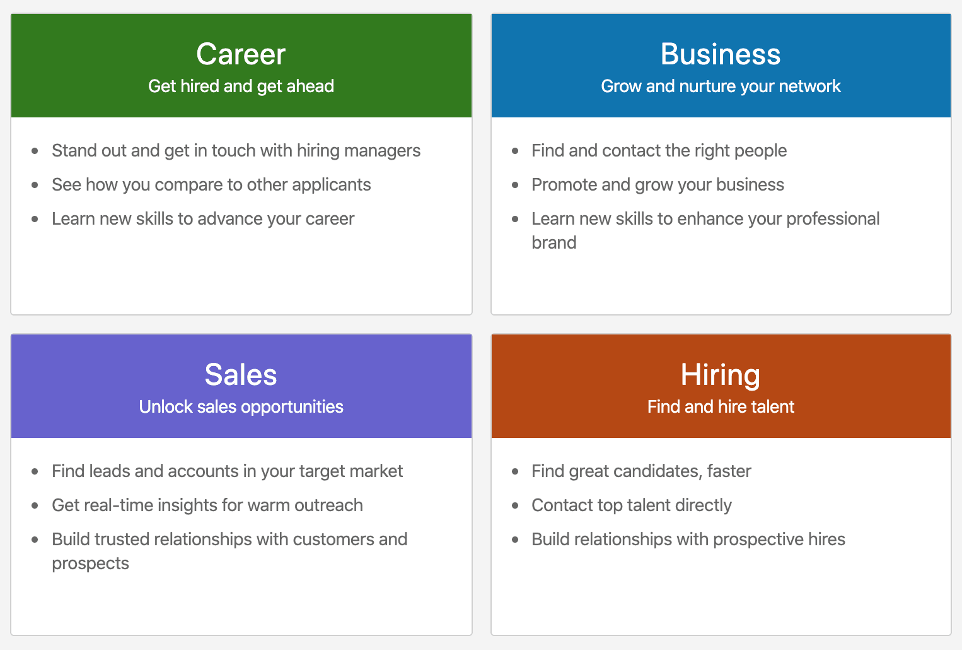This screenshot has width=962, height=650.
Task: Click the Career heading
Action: [x=241, y=54]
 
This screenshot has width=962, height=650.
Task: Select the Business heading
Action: [x=721, y=54]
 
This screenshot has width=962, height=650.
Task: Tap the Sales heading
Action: [x=241, y=374]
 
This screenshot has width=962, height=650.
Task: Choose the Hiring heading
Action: [x=721, y=375]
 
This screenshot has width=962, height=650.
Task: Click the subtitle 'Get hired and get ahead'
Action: [x=241, y=86]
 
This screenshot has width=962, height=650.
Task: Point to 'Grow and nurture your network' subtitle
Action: [x=721, y=86]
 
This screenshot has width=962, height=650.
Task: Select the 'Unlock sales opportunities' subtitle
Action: [x=241, y=407]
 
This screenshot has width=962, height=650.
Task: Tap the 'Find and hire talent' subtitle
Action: [x=721, y=406]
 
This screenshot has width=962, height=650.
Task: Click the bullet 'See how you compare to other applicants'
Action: [x=211, y=186]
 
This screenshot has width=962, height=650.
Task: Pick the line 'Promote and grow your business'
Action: [x=658, y=186]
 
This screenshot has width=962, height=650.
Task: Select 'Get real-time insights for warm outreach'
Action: [x=207, y=505]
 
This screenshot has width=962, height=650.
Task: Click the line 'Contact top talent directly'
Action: [x=632, y=505]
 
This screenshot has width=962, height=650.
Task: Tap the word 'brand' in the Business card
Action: [x=554, y=243]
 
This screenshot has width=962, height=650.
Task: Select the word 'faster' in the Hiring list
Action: [x=729, y=471]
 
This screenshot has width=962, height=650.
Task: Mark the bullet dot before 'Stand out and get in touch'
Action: [x=35, y=151]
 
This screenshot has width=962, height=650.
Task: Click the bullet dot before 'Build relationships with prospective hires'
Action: [x=515, y=540]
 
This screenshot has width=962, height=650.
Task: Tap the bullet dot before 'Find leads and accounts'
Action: [x=35, y=471]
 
